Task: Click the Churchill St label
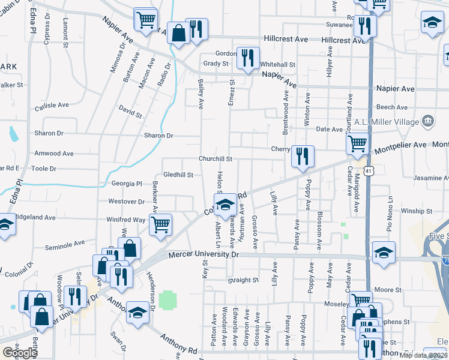pos(216,159)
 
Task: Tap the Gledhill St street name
pos(178,175)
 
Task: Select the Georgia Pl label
pos(126,184)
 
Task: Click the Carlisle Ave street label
pos(52,105)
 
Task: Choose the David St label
pos(130,112)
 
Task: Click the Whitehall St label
pos(278,65)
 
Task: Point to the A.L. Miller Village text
pos(385,122)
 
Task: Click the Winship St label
pos(417,211)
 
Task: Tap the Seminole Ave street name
pos(65,245)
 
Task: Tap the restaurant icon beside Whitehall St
pos(247,58)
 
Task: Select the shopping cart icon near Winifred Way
pos(160,225)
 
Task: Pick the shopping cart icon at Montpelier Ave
pos(357,144)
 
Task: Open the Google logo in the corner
pos(20,353)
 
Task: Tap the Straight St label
pos(243,280)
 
